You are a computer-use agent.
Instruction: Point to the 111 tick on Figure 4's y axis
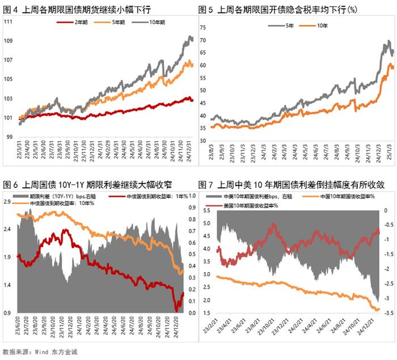click(x=9, y=21)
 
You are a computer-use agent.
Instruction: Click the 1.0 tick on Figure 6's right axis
click(x=192, y=196)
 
